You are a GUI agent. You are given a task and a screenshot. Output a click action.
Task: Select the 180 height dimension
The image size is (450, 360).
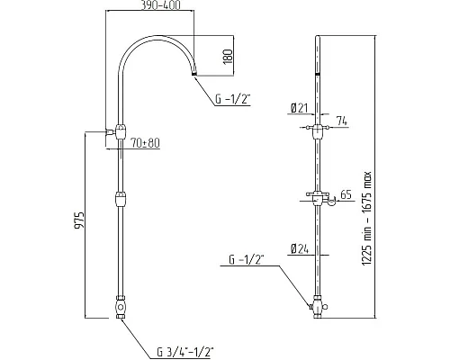click(229, 58)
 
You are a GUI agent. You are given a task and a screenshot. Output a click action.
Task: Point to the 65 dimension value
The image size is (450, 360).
click(346, 193)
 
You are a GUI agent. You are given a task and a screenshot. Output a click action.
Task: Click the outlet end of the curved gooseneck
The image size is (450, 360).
click(195, 79)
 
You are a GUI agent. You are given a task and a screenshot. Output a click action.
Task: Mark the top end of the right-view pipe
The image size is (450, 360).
click(319, 38)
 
